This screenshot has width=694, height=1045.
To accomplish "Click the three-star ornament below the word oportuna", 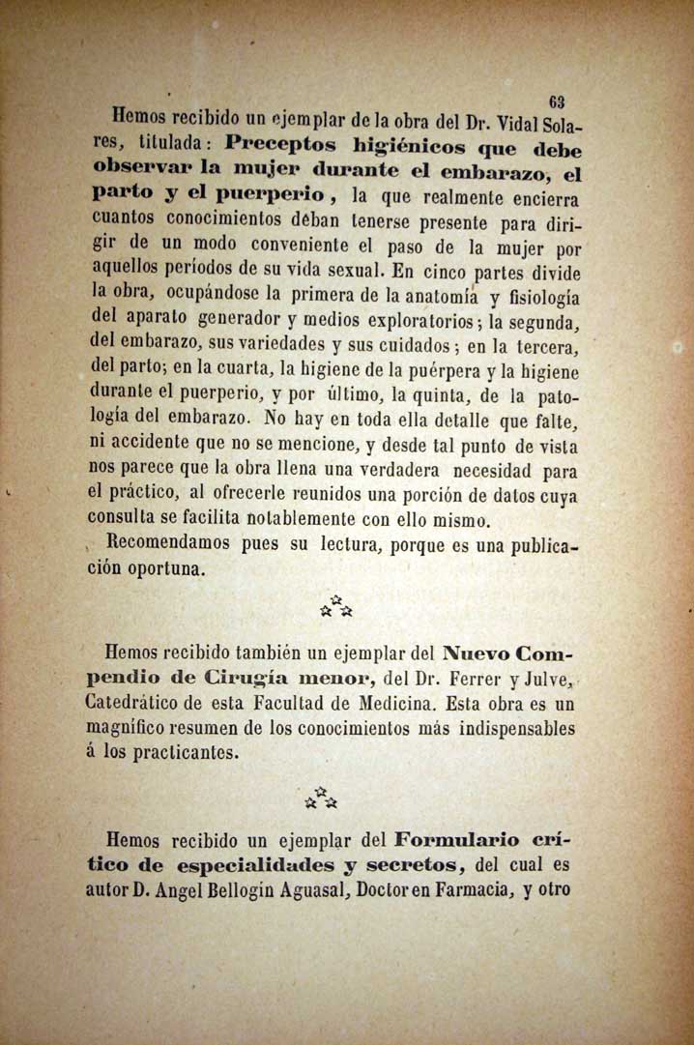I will (x=336, y=607).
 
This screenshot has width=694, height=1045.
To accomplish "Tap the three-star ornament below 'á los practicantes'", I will (x=322, y=798).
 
